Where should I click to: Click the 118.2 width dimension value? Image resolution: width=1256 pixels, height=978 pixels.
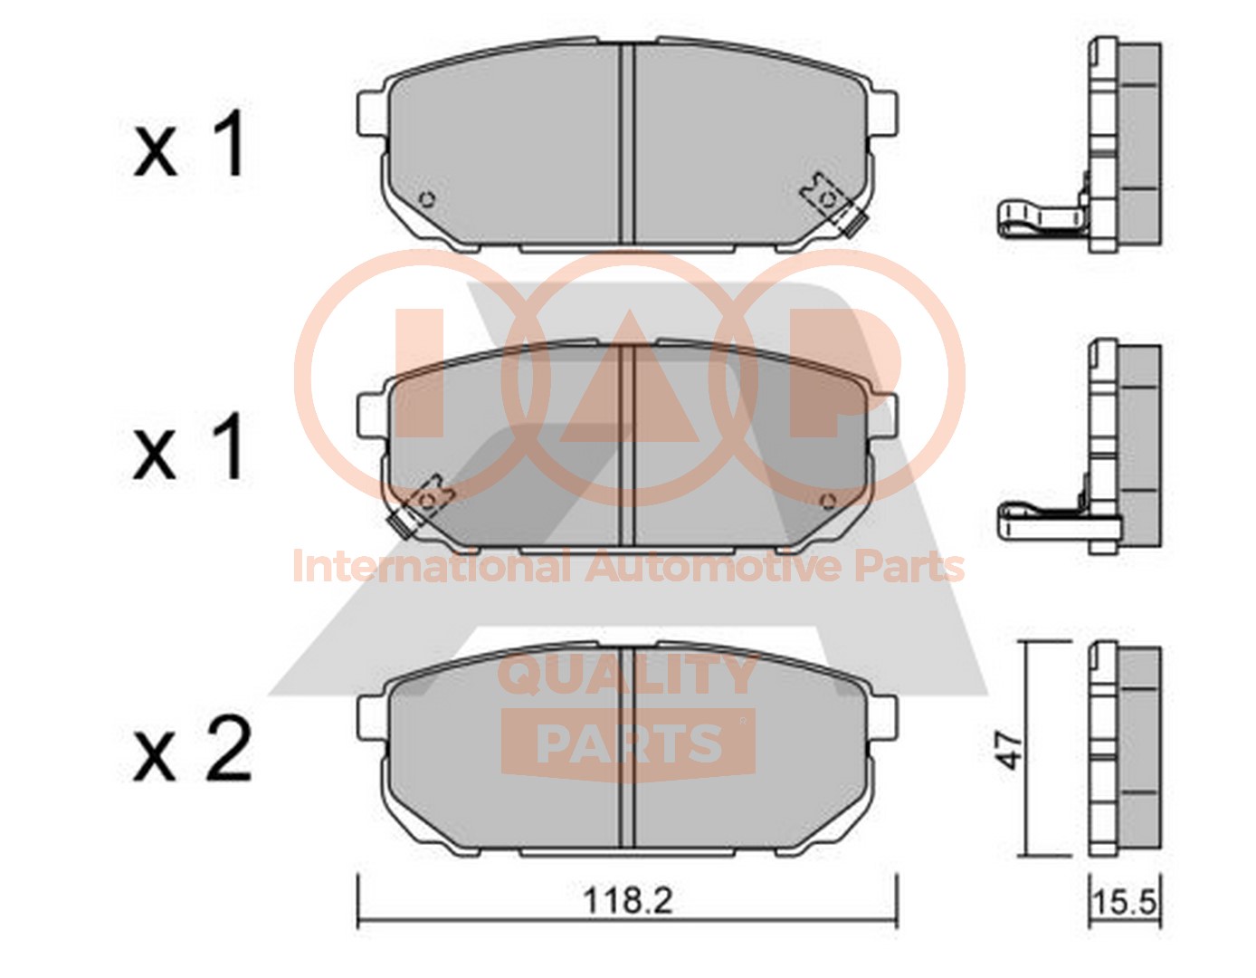pyautogui.click(x=628, y=901)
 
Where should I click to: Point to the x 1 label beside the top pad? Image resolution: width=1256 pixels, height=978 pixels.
pyautogui.click(x=188, y=145)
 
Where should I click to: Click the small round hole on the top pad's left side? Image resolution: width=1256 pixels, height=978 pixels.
pyautogui.click(x=426, y=199)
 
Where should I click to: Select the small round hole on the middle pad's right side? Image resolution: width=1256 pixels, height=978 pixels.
pyautogui.click(x=828, y=502)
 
